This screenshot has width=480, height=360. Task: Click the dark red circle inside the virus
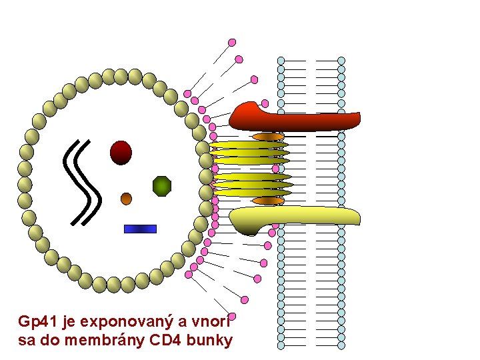coord(121,152)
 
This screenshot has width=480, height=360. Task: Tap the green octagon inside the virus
coord(162,186)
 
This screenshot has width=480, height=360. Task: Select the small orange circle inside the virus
coord(126,198)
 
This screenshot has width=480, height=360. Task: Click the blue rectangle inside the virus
coord(140,229)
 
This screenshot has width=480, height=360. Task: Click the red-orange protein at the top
coord(293,118)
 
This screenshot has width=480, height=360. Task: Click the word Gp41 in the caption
coord(38,322)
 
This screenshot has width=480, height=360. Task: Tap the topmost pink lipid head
coord(232,42)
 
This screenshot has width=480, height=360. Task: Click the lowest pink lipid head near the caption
coord(232,316)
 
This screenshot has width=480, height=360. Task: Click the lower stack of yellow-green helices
coord(252,185)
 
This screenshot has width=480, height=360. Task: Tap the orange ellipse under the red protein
coord(269,137)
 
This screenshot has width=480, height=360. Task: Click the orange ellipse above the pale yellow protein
coord(268,201)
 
